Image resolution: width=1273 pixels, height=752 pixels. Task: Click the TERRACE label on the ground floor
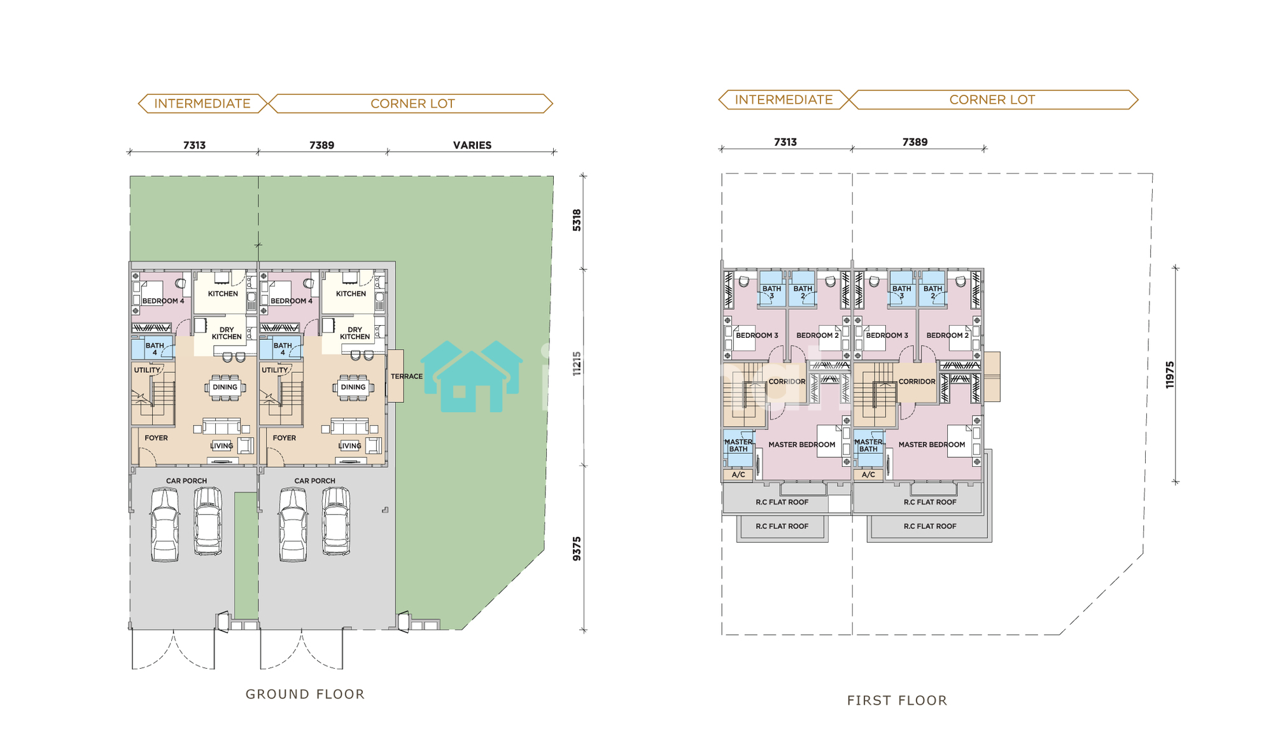click(407, 377)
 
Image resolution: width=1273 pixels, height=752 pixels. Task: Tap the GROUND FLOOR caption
click(306, 694)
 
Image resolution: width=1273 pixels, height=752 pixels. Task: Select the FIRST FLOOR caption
click(897, 700)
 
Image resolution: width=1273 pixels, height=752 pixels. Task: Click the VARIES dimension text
click(472, 145)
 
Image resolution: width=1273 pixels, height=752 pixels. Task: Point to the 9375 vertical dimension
click(577, 548)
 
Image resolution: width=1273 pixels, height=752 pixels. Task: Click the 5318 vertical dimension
click(577, 220)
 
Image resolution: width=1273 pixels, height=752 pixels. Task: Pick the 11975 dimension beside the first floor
click(1170, 375)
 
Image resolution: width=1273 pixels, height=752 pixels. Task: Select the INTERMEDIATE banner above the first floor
click(784, 100)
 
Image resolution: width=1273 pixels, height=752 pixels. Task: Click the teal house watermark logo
click(472, 377)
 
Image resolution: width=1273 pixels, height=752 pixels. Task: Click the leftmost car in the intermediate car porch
click(165, 525)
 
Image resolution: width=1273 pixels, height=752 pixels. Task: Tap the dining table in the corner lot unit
click(353, 387)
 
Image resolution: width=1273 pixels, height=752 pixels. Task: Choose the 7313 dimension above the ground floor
click(194, 145)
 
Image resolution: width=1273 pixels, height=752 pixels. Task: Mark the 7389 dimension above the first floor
click(915, 142)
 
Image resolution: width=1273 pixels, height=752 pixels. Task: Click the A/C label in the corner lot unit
click(868, 475)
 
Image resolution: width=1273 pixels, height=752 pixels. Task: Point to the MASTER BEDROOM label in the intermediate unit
click(801, 445)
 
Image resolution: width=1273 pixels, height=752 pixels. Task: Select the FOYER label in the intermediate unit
click(156, 438)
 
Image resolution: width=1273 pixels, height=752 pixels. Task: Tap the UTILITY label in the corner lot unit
click(275, 370)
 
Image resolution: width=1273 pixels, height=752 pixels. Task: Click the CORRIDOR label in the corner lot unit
click(917, 382)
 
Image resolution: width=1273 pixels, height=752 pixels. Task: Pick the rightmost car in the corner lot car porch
click(336, 522)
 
